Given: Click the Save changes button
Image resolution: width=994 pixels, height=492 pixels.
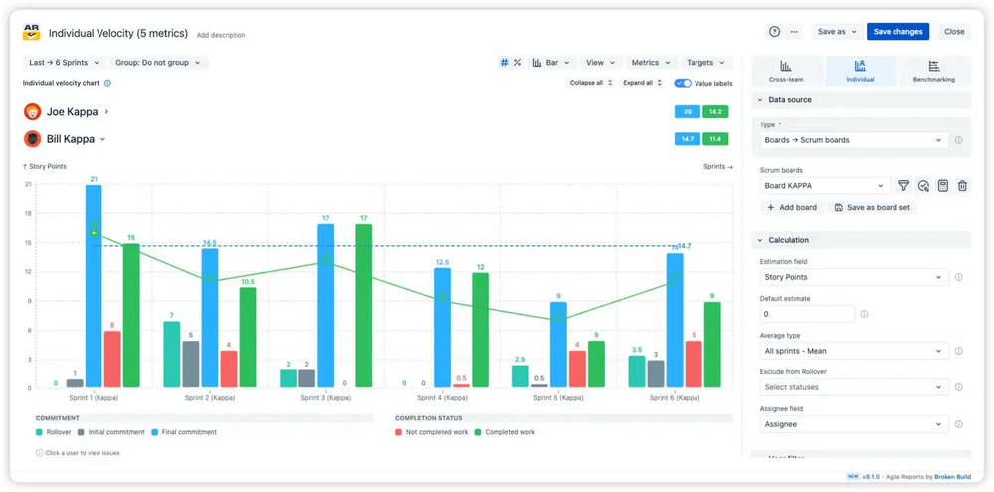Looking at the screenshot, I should (x=897, y=32).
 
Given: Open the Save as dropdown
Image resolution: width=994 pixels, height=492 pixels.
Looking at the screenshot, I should (x=836, y=32).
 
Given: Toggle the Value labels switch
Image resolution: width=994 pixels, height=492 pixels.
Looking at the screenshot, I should (x=683, y=83).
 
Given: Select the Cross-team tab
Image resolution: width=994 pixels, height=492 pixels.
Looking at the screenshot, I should (x=786, y=71).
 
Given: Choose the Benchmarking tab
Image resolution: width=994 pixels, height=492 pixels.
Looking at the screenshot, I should (x=933, y=71).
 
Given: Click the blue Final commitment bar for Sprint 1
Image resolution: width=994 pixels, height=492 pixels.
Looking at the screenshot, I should (x=94, y=289).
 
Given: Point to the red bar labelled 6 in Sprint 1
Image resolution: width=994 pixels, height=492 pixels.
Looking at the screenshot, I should (x=112, y=360).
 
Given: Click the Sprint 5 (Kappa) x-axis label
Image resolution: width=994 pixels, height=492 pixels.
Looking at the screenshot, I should (x=558, y=398).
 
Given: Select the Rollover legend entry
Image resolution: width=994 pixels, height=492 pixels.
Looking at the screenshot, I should (x=57, y=432).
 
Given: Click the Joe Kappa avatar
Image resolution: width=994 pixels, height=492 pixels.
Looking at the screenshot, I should (x=33, y=112).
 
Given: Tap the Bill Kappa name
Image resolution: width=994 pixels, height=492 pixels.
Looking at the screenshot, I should (x=71, y=139).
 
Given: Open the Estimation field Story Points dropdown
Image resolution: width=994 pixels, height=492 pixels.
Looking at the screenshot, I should (x=853, y=277).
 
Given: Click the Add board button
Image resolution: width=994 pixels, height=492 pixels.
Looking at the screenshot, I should (x=792, y=208).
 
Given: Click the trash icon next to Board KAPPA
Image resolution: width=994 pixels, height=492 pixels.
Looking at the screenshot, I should (x=962, y=186).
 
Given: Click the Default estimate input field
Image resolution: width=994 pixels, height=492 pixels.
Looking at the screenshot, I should (x=807, y=314).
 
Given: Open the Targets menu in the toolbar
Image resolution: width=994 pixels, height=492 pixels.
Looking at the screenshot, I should (x=705, y=63).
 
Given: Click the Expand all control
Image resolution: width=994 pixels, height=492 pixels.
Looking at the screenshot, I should (x=642, y=83).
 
